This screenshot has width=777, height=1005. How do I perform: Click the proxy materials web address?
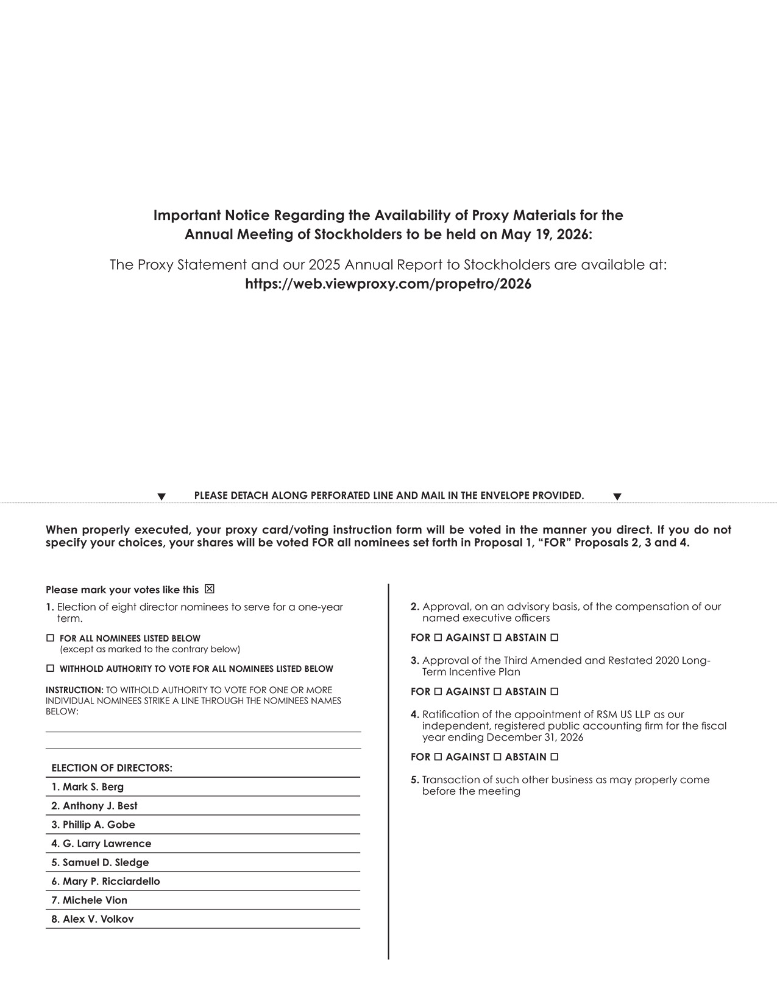[388, 284]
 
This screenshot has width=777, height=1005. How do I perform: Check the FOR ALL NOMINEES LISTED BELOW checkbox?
[50, 638]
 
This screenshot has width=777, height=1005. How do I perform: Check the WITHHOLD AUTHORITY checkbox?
[50, 668]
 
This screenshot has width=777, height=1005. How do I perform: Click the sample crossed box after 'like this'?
[210, 589]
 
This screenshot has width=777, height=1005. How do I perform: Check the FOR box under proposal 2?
[437, 638]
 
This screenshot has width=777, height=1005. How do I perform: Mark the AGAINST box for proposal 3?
[497, 692]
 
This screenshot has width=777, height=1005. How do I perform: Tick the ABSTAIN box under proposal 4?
[554, 757]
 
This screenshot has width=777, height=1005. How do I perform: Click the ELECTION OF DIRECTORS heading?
[112, 768]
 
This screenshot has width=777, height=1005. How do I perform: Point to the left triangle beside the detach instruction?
[161, 497]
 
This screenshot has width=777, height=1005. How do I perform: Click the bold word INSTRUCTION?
[74, 690]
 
